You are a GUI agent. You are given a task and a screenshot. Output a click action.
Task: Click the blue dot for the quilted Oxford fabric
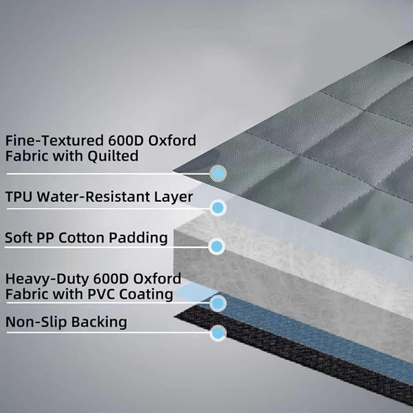[x=218, y=173]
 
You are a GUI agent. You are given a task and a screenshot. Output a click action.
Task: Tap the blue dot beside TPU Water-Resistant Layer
[x=218, y=207]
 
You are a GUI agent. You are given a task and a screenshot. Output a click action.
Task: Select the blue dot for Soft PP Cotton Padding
[x=217, y=246]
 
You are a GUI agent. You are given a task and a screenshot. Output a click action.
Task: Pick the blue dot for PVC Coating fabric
[x=218, y=304]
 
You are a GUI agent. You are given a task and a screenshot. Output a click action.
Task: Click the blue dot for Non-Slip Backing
[x=218, y=333]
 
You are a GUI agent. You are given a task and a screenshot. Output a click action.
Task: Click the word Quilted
[x=113, y=156]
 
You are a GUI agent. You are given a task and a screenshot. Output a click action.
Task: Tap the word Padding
[x=138, y=238]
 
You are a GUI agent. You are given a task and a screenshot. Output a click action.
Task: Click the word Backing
[x=99, y=322]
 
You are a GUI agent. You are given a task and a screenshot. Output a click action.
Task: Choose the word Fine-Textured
[x=54, y=141]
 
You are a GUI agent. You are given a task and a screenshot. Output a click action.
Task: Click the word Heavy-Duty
[x=47, y=279]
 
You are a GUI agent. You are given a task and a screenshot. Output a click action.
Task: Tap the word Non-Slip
[x=36, y=322]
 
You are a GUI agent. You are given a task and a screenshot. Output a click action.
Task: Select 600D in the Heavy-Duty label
[x=111, y=279]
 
